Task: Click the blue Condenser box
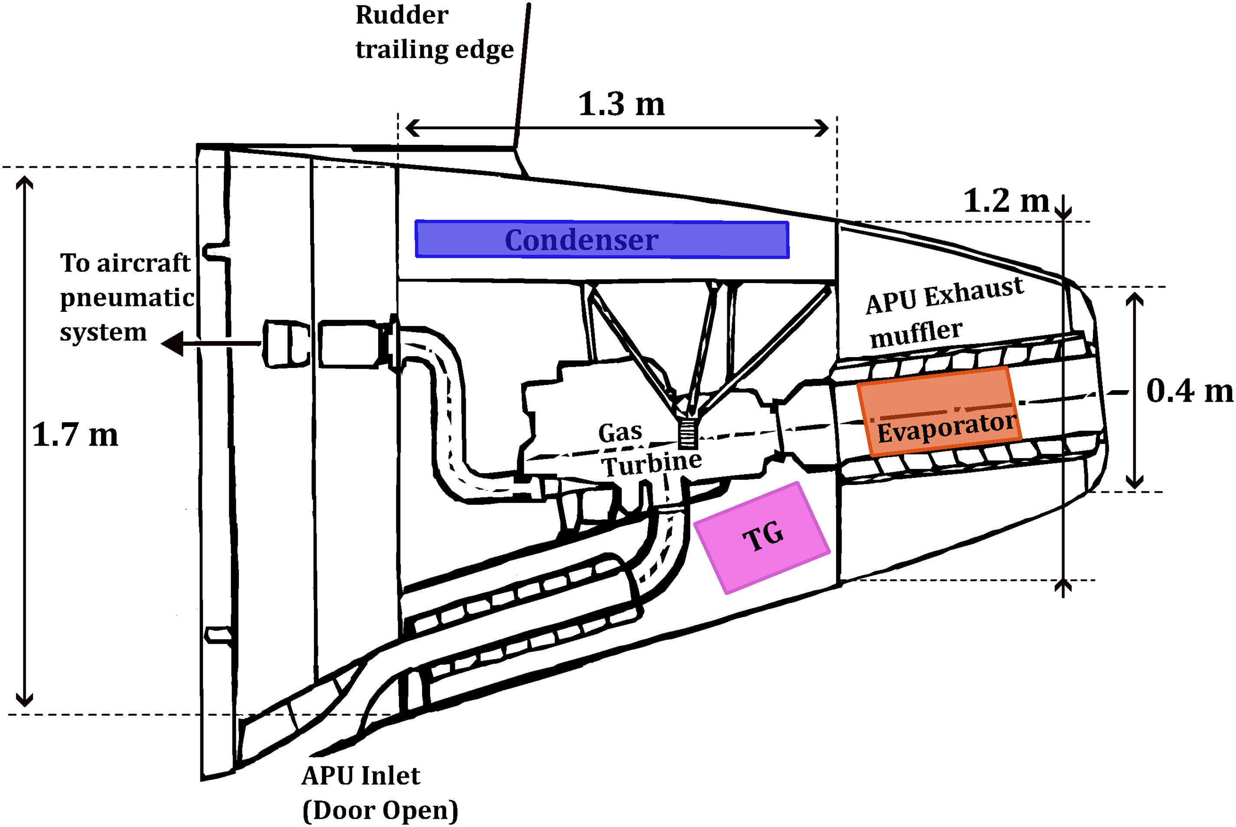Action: tap(602, 239)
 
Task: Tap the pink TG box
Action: tap(762, 537)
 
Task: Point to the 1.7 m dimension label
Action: tap(75, 435)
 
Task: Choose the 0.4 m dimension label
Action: tap(1190, 391)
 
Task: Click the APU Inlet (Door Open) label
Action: tap(379, 793)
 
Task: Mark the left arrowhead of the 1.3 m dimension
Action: tap(412, 127)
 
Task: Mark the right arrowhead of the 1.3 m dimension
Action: tap(822, 127)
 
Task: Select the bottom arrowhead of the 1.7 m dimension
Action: tap(24, 700)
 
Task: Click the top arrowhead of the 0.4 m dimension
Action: tap(1135, 299)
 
